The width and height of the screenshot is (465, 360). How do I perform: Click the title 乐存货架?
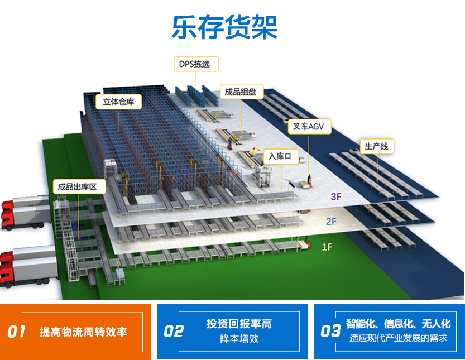224,27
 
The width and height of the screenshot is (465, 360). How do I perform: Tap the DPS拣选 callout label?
196,64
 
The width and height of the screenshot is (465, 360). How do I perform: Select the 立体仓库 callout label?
118,102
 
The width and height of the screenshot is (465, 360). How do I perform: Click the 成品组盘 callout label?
242,92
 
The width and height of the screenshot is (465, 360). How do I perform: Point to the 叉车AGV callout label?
309,127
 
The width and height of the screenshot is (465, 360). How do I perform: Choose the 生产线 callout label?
377,146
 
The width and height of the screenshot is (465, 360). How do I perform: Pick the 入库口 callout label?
281,157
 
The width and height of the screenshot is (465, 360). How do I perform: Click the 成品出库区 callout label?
79,186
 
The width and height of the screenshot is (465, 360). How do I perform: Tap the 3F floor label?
336,196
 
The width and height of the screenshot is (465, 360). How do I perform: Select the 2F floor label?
331,222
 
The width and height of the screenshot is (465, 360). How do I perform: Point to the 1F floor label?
327,247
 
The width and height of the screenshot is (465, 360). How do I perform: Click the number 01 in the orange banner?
16,332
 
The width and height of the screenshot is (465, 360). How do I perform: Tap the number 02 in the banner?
174,332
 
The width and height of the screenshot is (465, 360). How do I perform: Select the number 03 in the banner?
330,332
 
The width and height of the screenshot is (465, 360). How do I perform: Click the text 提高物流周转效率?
83,332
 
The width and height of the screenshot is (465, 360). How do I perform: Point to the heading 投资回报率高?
239,324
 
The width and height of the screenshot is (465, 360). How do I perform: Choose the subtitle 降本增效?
239,338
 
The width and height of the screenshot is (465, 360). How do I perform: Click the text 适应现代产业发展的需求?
398,338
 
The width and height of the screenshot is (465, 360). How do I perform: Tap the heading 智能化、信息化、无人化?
398,324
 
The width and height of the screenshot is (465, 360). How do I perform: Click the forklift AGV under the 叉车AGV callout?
306,182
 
